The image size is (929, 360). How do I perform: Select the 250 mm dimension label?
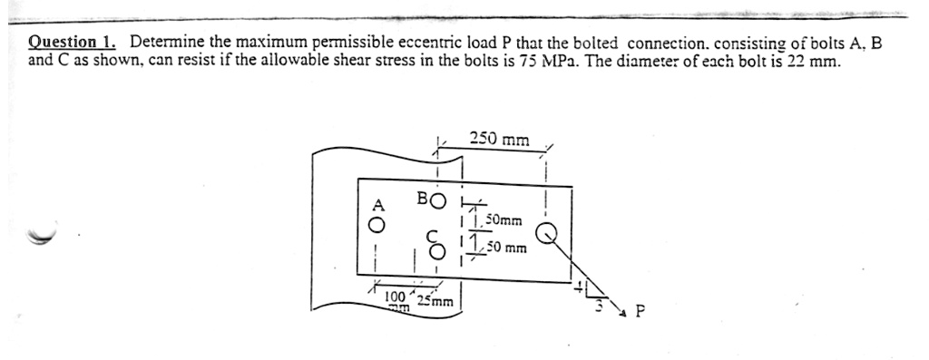click(x=500, y=140)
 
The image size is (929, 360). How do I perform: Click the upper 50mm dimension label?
click(x=504, y=220)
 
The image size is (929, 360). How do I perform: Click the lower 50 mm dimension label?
click(x=508, y=247)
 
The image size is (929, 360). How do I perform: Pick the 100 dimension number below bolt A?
click(x=395, y=297)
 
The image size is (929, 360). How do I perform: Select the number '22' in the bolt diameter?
click(x=797, y=63)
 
